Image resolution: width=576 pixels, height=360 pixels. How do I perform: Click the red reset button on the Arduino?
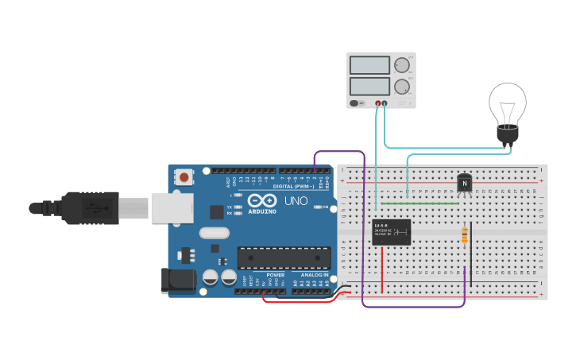click(184, 176)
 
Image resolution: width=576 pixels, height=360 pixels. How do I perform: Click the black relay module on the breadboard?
click(392, 232)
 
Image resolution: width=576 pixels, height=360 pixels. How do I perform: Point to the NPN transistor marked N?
click(465, 183)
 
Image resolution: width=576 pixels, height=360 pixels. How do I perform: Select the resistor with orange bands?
click(465, 236)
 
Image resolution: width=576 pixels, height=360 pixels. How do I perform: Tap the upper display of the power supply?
click(369, 65)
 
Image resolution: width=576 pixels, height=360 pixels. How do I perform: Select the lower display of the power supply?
click(369, 84)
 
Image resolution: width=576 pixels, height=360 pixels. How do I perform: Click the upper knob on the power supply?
click(402, 65)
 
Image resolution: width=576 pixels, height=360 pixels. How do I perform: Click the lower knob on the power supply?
click(402, 86)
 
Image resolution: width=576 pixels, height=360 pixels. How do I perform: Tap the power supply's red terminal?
click(378, 103)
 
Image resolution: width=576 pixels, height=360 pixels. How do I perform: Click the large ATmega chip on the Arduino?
click(284, 257)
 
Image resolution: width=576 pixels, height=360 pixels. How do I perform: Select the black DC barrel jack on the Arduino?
click(178, 279)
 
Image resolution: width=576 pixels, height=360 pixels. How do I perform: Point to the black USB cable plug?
click(91, 208)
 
